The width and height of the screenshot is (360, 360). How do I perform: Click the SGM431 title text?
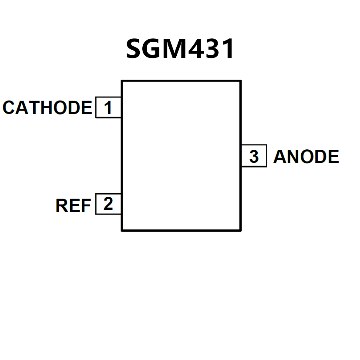pyautogui.click(x=180, y=49)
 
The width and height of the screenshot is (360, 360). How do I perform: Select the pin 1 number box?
pyautogui.click(x=108, y=108)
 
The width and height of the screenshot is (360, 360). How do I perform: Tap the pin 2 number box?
pyautogui.click(x=108, y=204)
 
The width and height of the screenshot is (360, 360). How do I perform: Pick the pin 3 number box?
pyautogui.click(x=254, y=156)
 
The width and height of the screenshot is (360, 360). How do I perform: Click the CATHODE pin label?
pyautogui.click(x=47, y=108)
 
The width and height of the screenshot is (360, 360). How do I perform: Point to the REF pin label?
pyautogui.click(x=73, y=205)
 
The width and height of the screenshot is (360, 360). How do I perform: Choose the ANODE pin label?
pyautogui.click(x=306, y=157)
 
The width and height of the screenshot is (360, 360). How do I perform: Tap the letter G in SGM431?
pyautogui.click(x=155, y=49)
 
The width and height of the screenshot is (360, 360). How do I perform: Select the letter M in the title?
pyautogui.click(x=178, y=49)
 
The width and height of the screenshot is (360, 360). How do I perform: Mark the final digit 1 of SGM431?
pyautogui.click(x=229, y=49)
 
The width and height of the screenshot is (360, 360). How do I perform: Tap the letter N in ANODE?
pyautogui.click(x=294, y=157)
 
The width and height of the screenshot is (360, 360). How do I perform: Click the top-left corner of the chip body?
pyautogui.click(x=121, y=81)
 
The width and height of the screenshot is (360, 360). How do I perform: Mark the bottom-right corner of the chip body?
pyautogui.click(x=240, y=230)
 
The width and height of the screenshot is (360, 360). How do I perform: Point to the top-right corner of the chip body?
pyautogui.click(x=240, y=81)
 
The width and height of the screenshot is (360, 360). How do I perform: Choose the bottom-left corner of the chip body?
pyautogui.click(x=121, y=230)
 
